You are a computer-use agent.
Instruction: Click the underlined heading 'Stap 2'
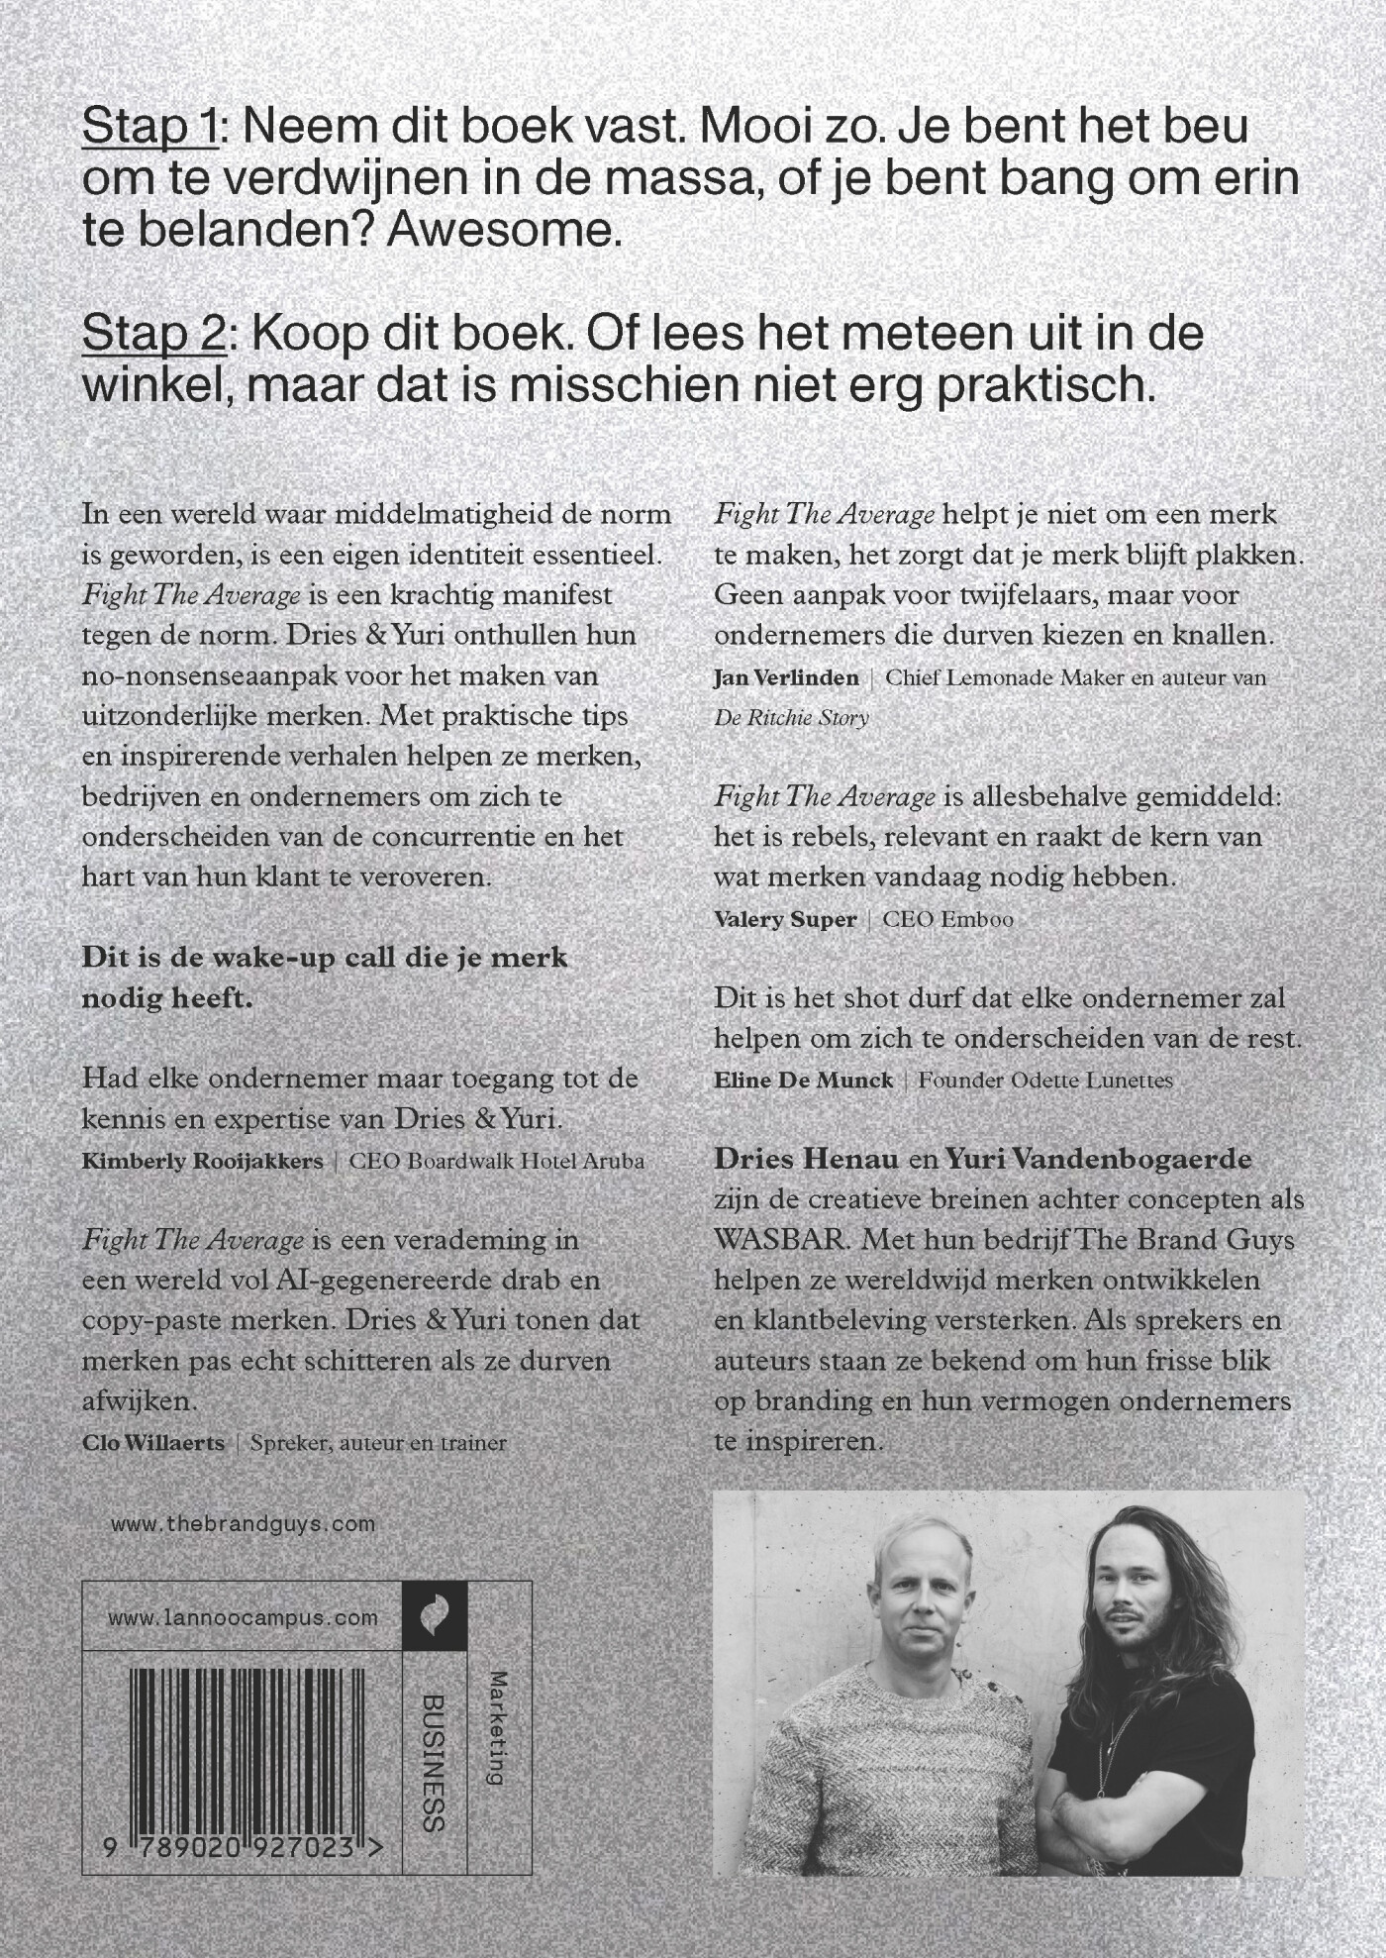[154, 334]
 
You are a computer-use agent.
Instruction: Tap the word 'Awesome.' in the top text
[505, 231]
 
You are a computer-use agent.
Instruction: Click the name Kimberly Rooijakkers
[203, 1161]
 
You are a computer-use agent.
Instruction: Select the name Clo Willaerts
[153, 1443]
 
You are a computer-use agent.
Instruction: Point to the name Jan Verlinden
[786, 678]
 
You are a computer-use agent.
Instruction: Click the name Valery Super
[785, 919]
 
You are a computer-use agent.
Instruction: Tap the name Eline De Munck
[803, 1080]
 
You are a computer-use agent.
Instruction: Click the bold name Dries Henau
[806, 1159]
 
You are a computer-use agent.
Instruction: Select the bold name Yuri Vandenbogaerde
[1099, 1159]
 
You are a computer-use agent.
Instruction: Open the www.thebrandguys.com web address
[244, 1524]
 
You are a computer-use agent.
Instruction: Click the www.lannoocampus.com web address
[244, 1618]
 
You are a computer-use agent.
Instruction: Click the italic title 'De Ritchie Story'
[791, 718]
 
